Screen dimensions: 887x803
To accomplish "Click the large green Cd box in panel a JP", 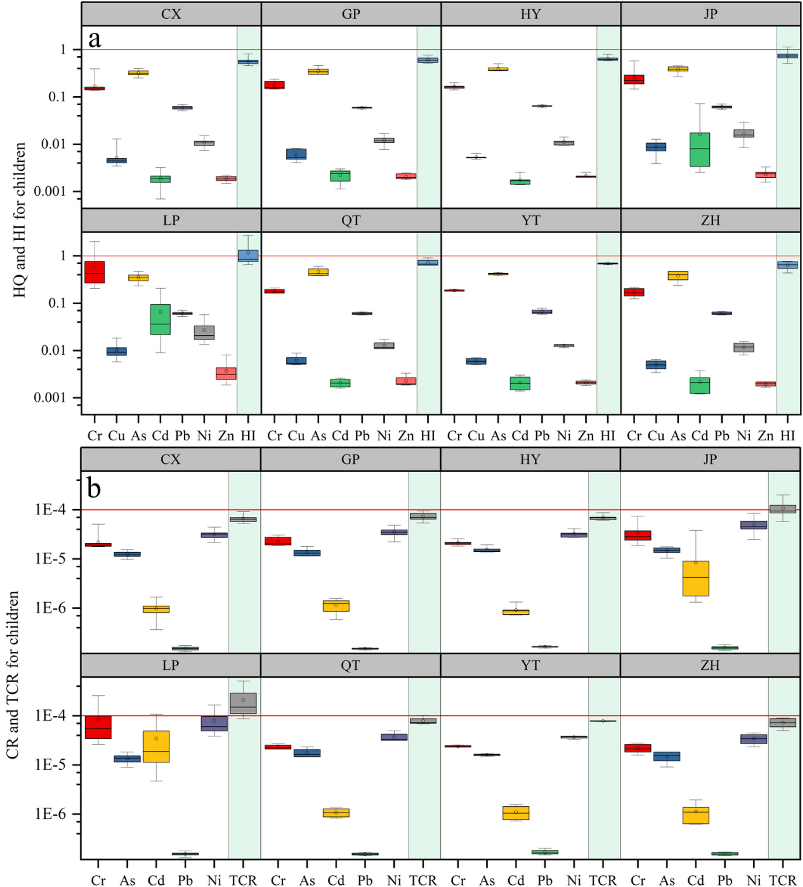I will (700, 150).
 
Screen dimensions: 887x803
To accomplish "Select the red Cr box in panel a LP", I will (94, 272).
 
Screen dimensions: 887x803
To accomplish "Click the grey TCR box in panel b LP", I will (243, 703).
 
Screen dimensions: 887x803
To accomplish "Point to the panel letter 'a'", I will (94, 39).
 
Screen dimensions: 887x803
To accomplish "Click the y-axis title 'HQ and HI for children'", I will (20, 220).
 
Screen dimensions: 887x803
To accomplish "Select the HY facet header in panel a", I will (530, 14).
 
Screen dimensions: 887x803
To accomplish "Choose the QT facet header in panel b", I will (350, 665).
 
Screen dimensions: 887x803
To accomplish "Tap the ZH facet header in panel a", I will (710, 221).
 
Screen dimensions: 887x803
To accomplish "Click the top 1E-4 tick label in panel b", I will (50, 510).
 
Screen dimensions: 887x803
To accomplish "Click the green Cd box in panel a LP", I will (160, 319).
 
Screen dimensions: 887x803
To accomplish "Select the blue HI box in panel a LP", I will (248, 256).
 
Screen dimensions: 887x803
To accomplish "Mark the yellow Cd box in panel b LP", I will (156, 746).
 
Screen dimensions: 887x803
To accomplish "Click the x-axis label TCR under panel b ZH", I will (782, 880).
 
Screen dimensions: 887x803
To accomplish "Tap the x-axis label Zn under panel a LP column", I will (226, 436).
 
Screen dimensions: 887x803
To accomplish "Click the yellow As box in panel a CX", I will (138, 73).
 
